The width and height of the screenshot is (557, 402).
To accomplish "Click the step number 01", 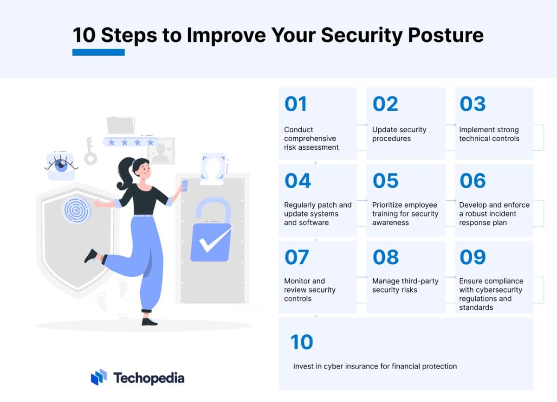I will (296, 104).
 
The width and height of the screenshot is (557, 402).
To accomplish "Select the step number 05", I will (385, 181).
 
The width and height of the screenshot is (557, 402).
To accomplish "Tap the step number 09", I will (473, 257).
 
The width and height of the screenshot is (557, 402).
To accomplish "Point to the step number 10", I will (302, 342).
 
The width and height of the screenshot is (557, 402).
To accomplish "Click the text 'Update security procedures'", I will (399, 134).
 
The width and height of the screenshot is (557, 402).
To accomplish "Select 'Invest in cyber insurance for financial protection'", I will (375, 366).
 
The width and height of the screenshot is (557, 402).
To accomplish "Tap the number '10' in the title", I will (84, 35).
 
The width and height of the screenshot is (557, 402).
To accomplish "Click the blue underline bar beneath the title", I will (98, 52).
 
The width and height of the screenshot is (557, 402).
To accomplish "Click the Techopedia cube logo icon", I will (99, 377).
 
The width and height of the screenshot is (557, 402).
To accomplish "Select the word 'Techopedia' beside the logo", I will (149, 378).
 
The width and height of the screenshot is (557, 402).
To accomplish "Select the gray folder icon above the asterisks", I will (121, 125).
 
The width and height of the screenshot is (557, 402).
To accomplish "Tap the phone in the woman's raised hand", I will (184, 185).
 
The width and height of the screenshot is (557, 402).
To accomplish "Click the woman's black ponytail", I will (126, 175).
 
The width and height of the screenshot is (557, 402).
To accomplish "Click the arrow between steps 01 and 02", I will (362, 125).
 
